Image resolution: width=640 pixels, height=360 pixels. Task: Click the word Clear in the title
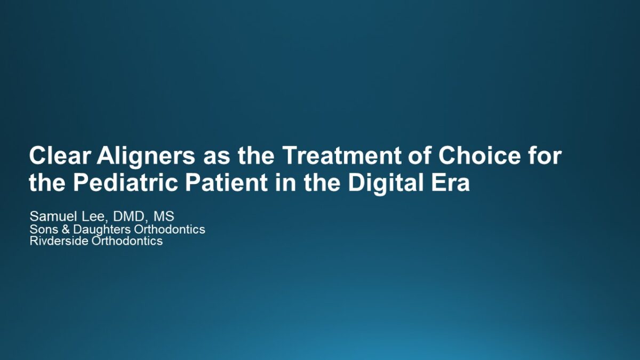60,155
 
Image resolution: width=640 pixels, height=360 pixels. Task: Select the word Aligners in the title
146,157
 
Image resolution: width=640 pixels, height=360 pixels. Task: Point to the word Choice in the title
479,155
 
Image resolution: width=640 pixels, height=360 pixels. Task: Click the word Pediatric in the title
126,182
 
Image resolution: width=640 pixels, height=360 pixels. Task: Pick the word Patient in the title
227,182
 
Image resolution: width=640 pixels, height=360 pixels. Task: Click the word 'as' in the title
217,158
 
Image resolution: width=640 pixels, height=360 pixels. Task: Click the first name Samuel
53,217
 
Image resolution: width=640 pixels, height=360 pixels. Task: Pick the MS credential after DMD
164,217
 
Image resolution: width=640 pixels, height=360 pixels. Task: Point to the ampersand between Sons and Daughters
66,229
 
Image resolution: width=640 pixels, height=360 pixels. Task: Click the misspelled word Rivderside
59,241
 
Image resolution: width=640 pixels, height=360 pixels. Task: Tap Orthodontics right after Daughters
170,229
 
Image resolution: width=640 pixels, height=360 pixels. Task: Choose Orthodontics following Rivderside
127,241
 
